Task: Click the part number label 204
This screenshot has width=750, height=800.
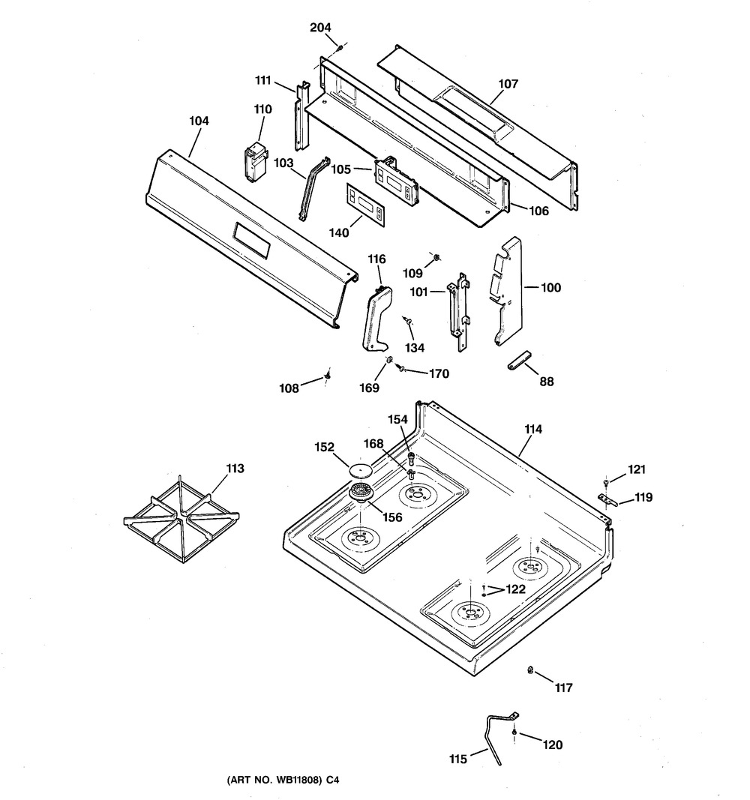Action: pyautogui.click(x=320, y=27)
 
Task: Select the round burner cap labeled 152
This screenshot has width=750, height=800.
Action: pyautogui.click(x=361, y=469)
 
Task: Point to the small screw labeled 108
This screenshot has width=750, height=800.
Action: pyautogui.click(x=328, y=376)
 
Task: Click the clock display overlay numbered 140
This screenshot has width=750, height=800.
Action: pyautogui.click(x=365, y=204)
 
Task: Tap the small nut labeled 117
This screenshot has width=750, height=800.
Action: pyautogui.click(x=530, y=670)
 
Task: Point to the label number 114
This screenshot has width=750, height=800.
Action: pyautogui.click(x=533, y=429)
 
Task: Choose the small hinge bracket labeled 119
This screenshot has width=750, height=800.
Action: pyautogui.click(x=607, y=500)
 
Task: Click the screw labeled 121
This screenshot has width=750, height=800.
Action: pyautogui.click(x=605, y=481)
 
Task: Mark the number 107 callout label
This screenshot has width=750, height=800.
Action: pyautogui.click(x=508, y=83)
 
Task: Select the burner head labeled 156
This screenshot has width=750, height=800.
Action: pyautogui.click(x=361, y=493)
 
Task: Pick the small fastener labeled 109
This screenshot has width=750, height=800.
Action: pyautogui.click(x=436, y=258)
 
